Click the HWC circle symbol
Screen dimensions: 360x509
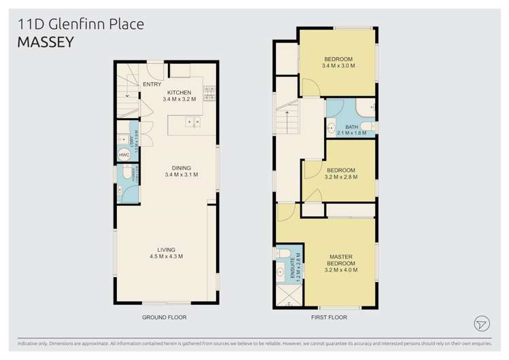(124, 155)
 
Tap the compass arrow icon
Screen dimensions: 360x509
(482, 323)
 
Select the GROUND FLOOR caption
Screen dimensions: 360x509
(164, 317)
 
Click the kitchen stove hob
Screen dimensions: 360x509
(209, 93)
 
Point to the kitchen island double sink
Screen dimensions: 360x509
(192, 122)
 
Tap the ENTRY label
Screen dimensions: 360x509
(152, 85)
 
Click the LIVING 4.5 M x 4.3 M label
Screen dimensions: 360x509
(166, 253)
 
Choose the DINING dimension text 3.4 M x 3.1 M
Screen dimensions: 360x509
(181, 175)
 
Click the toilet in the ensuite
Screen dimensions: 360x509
(283, 253)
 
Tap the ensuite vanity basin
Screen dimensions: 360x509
(281, 274)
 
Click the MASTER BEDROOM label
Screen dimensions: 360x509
(341, 260)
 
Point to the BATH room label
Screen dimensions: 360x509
(351, 127)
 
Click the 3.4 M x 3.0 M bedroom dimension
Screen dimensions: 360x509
(339, 66)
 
